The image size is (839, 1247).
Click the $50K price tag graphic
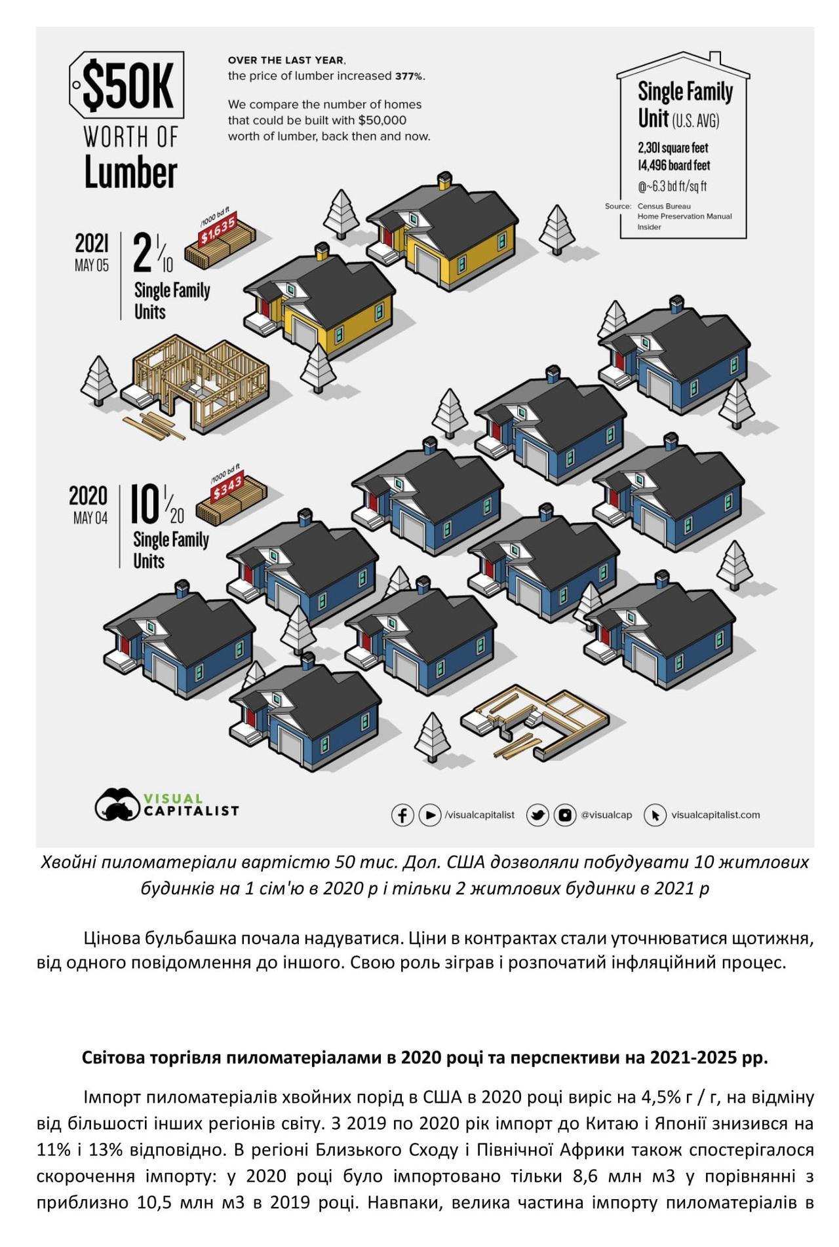pos(126,86)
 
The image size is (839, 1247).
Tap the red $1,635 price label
pos(218,231)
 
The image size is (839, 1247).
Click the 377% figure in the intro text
pos(409,76)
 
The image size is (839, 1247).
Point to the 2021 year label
pos(92,242)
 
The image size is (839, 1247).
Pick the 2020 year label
pos(88,495)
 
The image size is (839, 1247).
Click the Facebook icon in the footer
pos(402,815)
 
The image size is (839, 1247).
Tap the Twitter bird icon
pos(538,815)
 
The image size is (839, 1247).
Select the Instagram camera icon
pos(564,815)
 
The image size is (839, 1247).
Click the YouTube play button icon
pos(430,815)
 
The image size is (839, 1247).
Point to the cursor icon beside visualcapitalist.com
pos(655,815)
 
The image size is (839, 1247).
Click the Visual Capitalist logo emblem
pos(117,804)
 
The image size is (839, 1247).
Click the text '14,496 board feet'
pos(674,166)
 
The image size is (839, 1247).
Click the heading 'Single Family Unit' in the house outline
pos(685,105)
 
